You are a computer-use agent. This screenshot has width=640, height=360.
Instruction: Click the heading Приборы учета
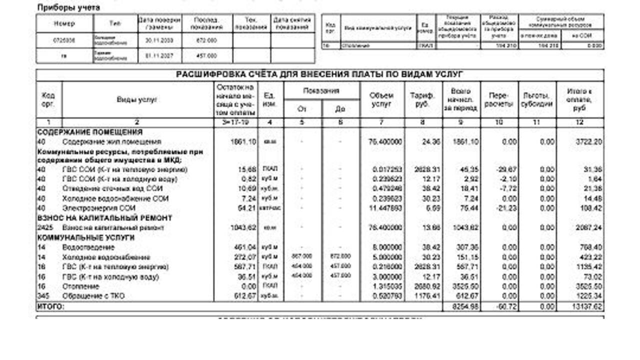coord(68,8)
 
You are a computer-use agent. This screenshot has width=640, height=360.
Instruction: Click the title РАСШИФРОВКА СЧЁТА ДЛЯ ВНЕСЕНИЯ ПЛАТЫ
coord(320,75)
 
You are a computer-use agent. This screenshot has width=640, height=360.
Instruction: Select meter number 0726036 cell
coord(64,41)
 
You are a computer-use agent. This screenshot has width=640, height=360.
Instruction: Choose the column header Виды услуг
coord(137,99)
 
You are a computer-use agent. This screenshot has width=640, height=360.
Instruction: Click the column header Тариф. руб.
coord(422,99)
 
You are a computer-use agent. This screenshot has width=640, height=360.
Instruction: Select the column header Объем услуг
coord(381,99)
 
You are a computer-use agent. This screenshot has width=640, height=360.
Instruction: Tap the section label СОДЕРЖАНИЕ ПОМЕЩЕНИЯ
coord(90,132)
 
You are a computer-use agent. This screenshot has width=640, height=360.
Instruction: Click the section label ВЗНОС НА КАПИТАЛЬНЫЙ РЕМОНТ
coord(105,218)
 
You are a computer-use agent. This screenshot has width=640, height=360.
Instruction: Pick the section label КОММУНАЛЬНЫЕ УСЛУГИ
coord(86,237)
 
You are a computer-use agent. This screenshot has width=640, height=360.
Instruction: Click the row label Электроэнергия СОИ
coord(99,208)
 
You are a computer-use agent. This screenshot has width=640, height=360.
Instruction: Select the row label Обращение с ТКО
coord(93,296)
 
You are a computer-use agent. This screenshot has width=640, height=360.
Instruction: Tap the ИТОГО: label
coord(50,306)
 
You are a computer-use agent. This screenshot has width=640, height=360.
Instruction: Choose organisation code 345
coord(43,296)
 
